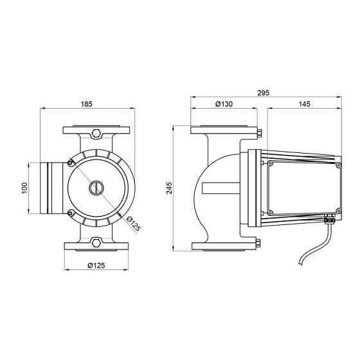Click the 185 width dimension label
tap(87, 104)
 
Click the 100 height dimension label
tap(24, 188)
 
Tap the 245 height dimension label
tap(169, 188)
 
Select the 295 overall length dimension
tap(263, 93)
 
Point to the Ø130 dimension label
tap(224, 104)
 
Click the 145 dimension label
tap(305, 104)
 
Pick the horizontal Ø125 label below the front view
tap(96, 265)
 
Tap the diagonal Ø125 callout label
tap(134, 224)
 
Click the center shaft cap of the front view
tap(96, 188)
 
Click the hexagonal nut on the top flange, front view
tap(96, 134)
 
